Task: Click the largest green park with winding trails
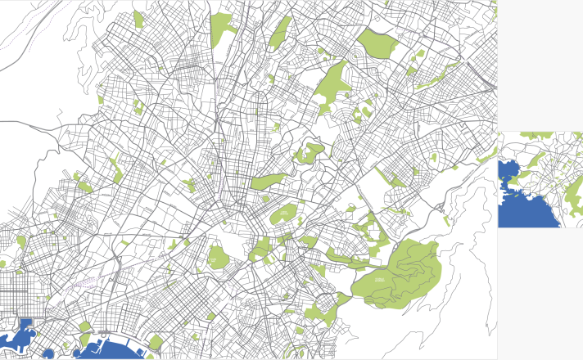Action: pos(401,270)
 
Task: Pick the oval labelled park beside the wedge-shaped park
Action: pos(283,215)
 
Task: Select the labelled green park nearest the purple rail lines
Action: pos(217,257)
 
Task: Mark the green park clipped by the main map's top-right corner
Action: pos(494,10)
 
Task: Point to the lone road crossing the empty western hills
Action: pos(25,123)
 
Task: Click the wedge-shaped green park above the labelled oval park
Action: pos(269,182)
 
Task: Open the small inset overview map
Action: pos(540,179)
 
